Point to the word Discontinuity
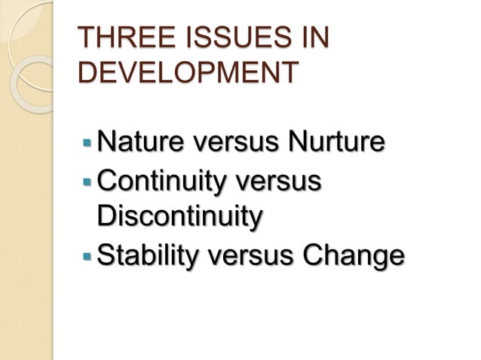coord(180,216)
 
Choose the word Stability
coord(147,255)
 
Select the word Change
coord(352,255)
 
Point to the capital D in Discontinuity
coord(108,216)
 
